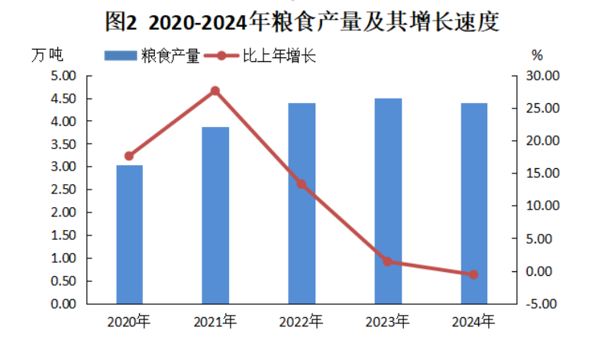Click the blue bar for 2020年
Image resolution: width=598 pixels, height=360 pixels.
click(129, 235)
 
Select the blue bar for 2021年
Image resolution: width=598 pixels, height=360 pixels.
click(215, 216)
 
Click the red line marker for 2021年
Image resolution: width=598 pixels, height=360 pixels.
click(215, 91)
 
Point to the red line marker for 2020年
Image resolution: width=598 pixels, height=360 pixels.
click(129, 156)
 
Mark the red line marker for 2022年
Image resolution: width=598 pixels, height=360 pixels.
click(302, 184)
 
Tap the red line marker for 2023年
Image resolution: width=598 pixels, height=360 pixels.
click(388, 261)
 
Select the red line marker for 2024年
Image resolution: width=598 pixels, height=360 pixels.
click(474, 274)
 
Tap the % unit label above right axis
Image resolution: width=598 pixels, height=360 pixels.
click(536, 55)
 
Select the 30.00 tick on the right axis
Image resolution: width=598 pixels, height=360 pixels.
click(544, 76)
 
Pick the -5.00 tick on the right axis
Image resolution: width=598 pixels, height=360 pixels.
click(544, 304)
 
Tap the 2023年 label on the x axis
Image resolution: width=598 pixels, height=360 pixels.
click(388, 321)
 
